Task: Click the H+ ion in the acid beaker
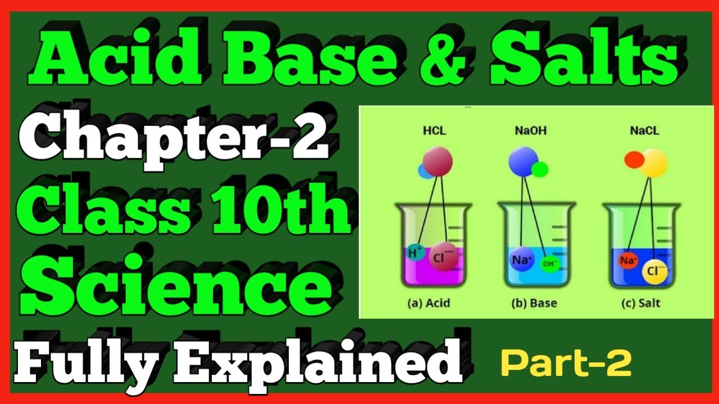pos(416,254)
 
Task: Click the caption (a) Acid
pos(429,304)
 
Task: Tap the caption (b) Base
pos(534,304)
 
